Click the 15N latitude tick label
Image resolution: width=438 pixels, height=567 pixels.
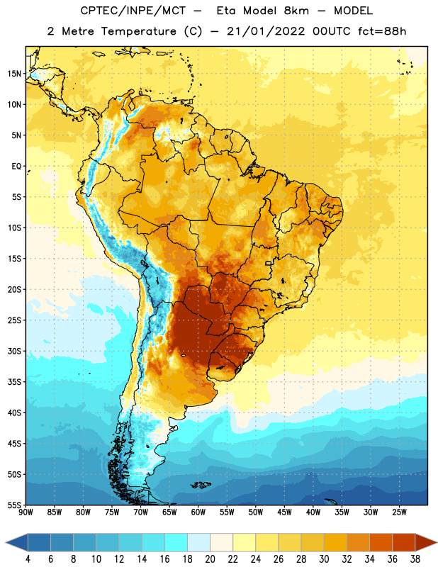[14, 74]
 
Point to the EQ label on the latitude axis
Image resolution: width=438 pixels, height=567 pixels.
[16, 167]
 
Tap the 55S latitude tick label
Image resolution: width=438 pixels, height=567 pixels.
[14, 505]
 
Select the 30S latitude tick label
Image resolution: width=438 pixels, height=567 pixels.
[14, 351]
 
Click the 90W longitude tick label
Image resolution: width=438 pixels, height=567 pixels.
[26, 512]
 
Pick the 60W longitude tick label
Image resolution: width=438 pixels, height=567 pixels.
[198, 512]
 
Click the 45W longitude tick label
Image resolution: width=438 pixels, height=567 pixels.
[284, 512]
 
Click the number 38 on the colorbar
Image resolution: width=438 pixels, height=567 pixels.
[415, 559]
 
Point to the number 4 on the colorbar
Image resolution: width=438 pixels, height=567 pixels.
[28, 559]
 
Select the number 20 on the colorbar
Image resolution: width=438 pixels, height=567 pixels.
[210, 559]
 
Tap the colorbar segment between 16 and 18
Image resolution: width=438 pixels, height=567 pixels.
[176, 542]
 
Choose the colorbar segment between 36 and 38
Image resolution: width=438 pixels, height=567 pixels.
[404, 542]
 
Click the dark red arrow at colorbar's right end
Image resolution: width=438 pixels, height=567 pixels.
[425, 542]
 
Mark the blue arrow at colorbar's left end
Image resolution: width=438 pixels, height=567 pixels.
[16, 542]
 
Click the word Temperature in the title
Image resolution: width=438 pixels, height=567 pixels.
[138, 31]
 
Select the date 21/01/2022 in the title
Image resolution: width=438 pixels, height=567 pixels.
[266, 31]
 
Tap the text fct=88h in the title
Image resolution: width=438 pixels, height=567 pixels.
[382, 31]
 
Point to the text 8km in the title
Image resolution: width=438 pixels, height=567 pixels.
[296, 11]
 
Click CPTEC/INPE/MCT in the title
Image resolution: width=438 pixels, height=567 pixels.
[133, 11]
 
